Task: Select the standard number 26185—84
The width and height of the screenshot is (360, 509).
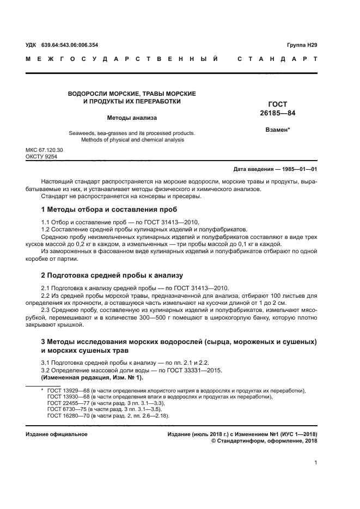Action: coord(278,113)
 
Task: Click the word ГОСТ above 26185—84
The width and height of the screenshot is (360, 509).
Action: coord(278,105)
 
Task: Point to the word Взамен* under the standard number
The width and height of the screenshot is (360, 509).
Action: coord(278,130)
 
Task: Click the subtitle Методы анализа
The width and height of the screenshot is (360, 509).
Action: coord(131,117)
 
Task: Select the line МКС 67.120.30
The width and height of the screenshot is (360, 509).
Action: coord(44,150)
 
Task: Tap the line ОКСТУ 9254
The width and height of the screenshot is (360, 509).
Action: coord(41,157)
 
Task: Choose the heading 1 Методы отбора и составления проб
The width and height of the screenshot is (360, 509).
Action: coord(109,210)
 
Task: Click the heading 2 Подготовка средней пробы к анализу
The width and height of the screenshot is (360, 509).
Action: coord(112,275)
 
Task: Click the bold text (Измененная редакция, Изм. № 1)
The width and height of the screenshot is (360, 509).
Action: coord(93,377)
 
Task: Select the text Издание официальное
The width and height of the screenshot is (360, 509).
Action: coord(57,434)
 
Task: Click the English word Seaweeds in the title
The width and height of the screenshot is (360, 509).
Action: coord(81,133)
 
